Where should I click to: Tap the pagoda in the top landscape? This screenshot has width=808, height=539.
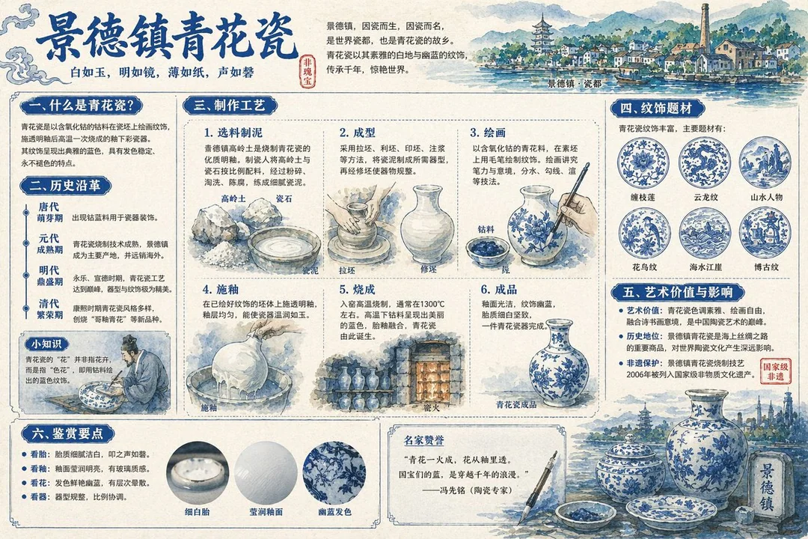click(x=541, y=36)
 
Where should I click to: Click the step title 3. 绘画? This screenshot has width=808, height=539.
click(x=488, y=133)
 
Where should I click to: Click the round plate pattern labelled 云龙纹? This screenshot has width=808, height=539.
click(x=703, y=162)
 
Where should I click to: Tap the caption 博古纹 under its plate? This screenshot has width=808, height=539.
click(x=764, y=267)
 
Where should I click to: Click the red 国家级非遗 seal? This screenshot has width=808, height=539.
click(x=775, y=372)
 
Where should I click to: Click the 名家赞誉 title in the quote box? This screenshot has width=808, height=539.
click(x=423, y=440)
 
